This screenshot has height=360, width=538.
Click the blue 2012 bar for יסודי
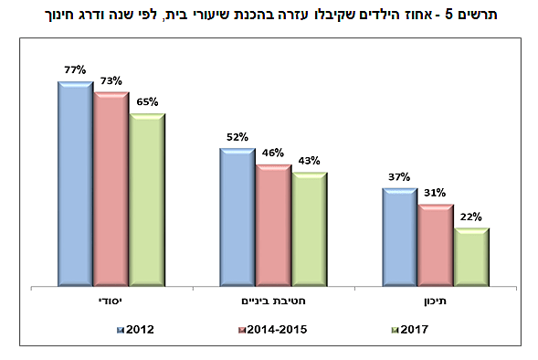point(75,183)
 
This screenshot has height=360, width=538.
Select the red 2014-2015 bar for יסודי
point(111,189)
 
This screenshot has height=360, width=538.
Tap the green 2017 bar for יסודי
point(146,199)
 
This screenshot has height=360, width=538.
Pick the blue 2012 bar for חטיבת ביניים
point(237,217)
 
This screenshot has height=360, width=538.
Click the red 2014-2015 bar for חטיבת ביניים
point(273,225)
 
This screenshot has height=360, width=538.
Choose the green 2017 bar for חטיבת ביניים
point(309,229)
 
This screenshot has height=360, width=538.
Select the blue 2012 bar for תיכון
point(399,238)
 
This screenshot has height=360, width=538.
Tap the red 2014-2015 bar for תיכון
point(435,245)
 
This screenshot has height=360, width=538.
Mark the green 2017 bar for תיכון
point(470,257)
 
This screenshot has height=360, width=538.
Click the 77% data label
point(75,69)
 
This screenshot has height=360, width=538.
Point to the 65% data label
point(147,101)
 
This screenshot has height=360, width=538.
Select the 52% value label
point(237,137)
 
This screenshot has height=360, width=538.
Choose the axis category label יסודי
point(111,299)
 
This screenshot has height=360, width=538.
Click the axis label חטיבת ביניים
point(273,299)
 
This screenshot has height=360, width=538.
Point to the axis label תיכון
point(435,299)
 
